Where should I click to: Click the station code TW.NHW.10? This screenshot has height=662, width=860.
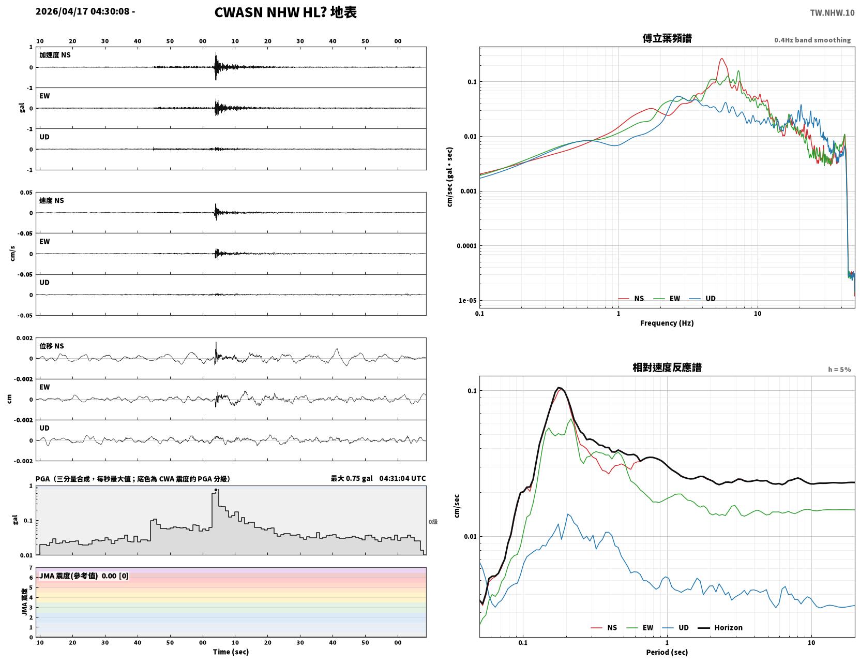click(832, 12)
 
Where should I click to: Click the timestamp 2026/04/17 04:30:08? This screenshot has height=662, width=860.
click(82, 11)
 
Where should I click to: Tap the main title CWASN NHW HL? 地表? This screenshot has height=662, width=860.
click(285, 12)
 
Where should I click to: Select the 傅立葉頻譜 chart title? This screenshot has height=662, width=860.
click(667, 38)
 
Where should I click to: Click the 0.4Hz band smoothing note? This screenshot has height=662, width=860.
click(812, 40)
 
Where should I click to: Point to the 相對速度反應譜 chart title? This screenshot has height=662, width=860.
click(667, 367)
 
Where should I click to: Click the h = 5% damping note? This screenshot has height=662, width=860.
click(839, 370)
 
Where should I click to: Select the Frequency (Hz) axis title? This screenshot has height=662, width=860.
click(667, 323)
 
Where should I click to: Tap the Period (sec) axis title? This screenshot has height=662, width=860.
click(667, 652)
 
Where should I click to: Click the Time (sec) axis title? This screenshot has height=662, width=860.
click(231, 652)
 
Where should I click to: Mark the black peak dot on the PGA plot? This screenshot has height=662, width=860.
click(216, 490)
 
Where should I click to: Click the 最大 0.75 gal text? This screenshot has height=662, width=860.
click(352, 478)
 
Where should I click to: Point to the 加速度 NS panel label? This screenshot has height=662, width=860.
click(55, 55)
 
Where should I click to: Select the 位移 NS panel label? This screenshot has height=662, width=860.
click(51, 346)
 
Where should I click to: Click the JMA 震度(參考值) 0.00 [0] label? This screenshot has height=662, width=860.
click(83, 576)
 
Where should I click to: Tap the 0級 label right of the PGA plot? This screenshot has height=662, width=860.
click(432, 522)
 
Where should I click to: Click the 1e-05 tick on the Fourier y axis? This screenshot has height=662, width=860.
click(467, 301)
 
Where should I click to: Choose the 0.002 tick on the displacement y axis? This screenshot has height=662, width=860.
click(24, 338)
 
